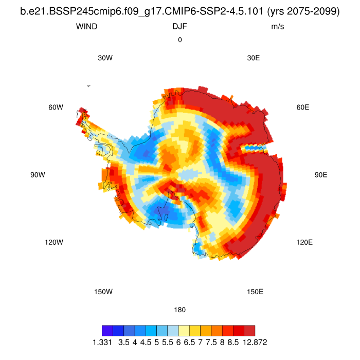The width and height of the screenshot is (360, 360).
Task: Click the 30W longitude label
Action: click(x=105, y=58)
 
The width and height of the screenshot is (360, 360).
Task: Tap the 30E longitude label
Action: click(x=254, y=58)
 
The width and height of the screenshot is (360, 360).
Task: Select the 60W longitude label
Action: click(x=56, y=107)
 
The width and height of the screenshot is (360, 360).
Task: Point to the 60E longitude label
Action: click(x=303, y=107)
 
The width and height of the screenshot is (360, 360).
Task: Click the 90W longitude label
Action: click(x=38, y=175)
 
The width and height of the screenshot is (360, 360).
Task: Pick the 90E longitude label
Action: click(x=321, y=175)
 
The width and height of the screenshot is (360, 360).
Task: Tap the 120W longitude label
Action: click(x=53, y=242)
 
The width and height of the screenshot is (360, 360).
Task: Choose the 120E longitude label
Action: click(x=304, y=242)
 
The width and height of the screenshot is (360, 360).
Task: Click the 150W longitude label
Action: click(x=103, y=292)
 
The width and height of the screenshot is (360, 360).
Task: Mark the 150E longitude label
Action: click(x=255, y=292)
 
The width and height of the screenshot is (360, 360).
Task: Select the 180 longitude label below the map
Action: click(x=180, y=310)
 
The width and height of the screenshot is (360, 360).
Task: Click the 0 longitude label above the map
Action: click(x=180, y=40)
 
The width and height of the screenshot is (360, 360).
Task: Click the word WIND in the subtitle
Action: click(x=85, y=26)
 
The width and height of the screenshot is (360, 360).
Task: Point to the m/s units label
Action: click(x=278, y=26)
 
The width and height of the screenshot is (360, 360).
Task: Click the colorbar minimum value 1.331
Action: click(x=102, y=342)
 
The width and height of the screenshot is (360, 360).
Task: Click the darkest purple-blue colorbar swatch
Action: click(x=107, y=330)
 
